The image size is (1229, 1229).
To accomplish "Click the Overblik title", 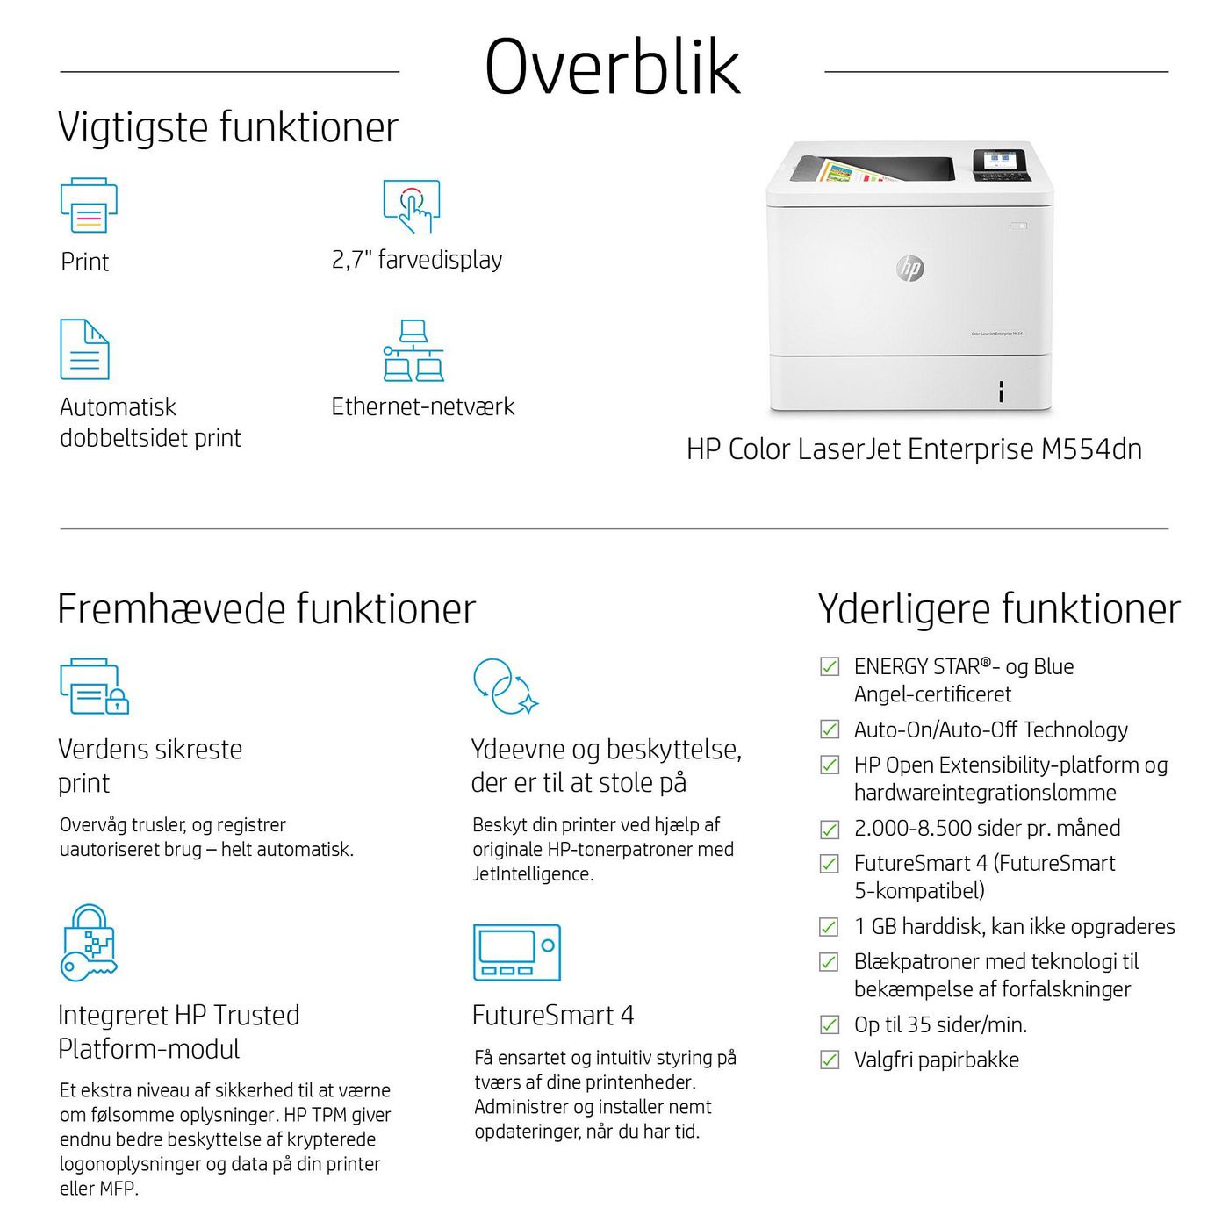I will (x=613, y=67).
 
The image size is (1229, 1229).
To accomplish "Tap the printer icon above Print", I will (x=89, y=205).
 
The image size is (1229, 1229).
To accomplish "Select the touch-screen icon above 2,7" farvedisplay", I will (x=411, y=206).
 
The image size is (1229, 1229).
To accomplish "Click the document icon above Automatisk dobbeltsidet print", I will (x=84, y=349).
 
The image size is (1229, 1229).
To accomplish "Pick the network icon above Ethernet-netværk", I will (x=413, y=351).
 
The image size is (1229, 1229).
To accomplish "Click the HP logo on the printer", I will (x=910, y=269).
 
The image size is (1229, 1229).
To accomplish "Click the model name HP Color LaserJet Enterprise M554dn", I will (x=914, y=449).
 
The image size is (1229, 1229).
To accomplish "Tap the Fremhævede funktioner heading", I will (x=266, y=609).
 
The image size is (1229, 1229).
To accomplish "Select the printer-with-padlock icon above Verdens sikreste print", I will (x=94, y=686).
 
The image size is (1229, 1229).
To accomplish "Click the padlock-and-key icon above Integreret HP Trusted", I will (x=89, y=943).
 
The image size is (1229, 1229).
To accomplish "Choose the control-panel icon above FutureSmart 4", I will (x=516, y=952).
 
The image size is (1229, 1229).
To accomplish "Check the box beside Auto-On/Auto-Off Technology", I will (x=830, y=729).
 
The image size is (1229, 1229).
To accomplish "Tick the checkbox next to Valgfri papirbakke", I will (x=830, y=1060).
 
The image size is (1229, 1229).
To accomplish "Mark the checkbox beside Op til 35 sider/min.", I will (x=830, y=1024).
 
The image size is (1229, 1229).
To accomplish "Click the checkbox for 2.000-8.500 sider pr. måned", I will (x=830, y=829).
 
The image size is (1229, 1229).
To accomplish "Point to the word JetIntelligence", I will (x=533, y=874).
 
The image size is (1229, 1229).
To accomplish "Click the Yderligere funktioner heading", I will (x=999, y=609).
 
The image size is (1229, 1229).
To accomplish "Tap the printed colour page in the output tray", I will (x=840, y=171).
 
